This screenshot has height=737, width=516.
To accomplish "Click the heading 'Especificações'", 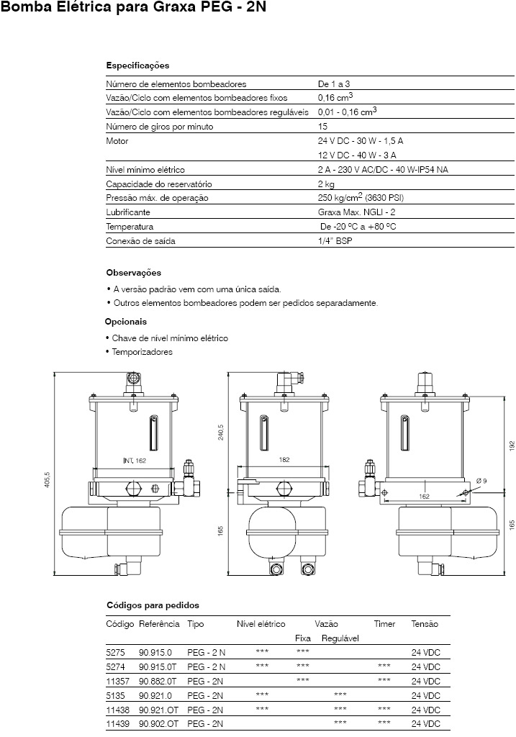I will tap(137, 65).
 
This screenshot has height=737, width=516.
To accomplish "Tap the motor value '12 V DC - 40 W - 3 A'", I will tap(357, 155).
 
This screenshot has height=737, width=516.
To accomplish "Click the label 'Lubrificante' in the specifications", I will tap(128, 212).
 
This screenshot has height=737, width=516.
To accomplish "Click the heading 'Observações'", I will tap(134, 273).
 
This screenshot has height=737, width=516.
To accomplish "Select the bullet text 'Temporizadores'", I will tap(142, 352).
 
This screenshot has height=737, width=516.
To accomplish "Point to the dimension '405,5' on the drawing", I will tap(47, 479).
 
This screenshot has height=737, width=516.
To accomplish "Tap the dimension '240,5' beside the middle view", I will tap(221, 432).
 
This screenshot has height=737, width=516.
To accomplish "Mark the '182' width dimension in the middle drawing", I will tap(284, 459).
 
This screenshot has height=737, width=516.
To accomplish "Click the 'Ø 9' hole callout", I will tap(481, 480).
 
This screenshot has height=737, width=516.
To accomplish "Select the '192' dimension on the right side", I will tap(512, 445).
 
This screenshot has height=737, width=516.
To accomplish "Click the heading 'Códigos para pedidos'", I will tap(153, 605).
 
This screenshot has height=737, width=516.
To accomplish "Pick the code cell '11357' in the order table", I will tap(116, 680).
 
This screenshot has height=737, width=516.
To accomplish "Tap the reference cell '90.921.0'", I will tap(155, 696).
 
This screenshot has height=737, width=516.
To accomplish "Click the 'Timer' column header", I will tap(384, 624).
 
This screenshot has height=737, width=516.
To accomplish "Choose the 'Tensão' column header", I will tap(425, 624).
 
